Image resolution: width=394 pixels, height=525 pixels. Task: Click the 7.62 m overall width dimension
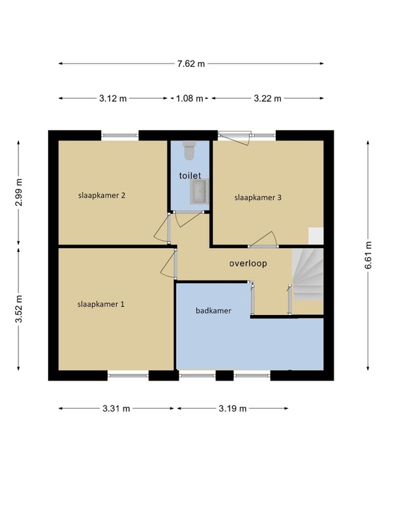pos(191,64)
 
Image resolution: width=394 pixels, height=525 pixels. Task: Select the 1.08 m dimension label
pos(190,98)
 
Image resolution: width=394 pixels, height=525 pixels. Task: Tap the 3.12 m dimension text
pos(113,98)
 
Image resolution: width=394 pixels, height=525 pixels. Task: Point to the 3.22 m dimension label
pos(267,98)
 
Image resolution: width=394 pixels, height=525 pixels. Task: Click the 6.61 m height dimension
pos(368,255)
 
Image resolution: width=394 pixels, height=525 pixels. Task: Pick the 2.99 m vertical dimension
pos(19,192)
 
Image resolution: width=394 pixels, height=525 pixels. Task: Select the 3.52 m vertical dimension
pos(19,309)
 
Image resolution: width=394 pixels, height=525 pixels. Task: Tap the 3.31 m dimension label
pos(116,408)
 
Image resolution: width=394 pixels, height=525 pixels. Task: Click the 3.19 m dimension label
pos(233,408)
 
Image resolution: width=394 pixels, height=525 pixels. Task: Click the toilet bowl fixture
pos(189,150)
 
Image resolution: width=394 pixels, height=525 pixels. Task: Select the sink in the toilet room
pos(200,192)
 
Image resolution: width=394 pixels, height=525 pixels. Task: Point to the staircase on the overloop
pos(307,274)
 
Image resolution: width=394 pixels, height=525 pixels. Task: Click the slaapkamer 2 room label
pos(102,195)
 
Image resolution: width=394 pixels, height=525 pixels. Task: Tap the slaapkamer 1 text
pos(101,304)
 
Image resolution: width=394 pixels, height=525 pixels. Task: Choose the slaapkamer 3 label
pos(258,198)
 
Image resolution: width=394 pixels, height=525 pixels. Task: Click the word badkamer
pos(213,310)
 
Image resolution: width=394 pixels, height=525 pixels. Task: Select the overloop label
pos(248,263)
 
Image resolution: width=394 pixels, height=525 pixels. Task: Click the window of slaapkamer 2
pos(120,136)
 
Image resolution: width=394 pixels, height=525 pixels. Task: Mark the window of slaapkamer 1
pos(128,375)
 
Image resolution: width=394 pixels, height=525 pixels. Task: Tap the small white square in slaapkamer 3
pos(316,236)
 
